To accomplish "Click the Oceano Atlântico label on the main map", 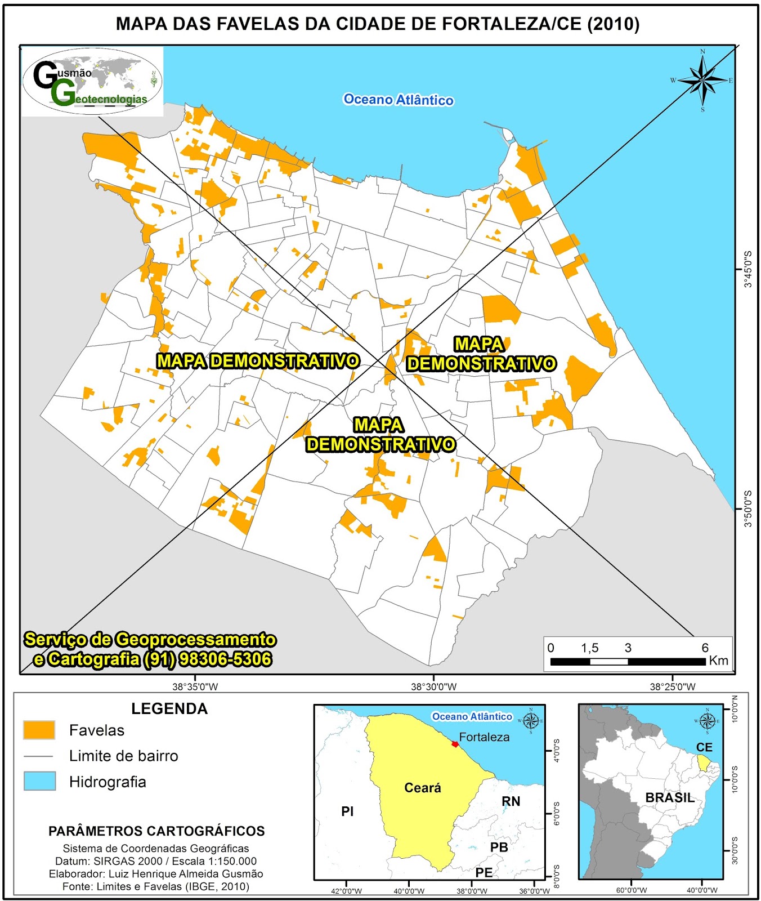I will click(x=399, y=100).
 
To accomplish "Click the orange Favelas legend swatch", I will click(x=39, y=730).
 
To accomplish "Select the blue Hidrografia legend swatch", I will click(x=39, y=781).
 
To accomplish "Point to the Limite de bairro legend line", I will click(x=39, y=756).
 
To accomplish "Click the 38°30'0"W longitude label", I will click(x=433, y=686).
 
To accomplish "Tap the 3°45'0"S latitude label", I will click(x=748, y=269).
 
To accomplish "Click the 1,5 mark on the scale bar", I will click(x=589, y=648).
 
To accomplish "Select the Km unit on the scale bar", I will click(x=718, y=661).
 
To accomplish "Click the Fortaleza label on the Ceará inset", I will click(x=484, y=737).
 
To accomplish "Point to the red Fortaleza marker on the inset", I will click(x=455, y=744).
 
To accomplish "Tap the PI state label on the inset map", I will click(x=347, y=811).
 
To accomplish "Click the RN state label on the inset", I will click(x=511, y=801).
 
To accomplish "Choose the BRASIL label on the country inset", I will click(x=670, y=798).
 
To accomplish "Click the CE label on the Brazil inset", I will click(x=704, y=747).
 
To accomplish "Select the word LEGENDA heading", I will click(x=169, y=709).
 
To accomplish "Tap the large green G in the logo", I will click(x=62, y=93).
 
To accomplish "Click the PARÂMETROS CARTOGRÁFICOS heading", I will click(x=156, y=831).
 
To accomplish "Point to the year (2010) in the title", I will click(x=613, y=24).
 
